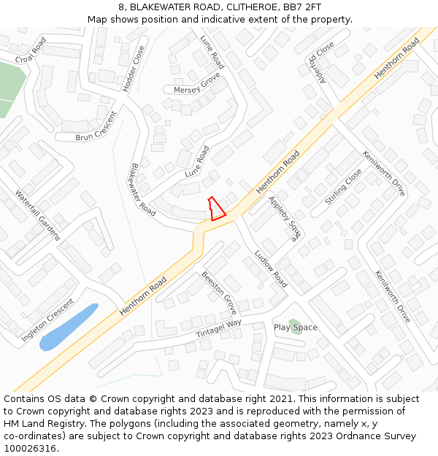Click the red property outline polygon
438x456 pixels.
[215, 210]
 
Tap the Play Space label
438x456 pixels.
[296, 328]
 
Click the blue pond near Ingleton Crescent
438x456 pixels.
[68, 328]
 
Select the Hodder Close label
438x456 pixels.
[134, 69]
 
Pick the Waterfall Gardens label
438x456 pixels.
[37, 215]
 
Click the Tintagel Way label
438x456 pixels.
[219, 329]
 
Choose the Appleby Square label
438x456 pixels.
[285, 218]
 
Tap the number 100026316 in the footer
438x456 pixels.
[31, 448]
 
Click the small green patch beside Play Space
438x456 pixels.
[293, 323]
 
